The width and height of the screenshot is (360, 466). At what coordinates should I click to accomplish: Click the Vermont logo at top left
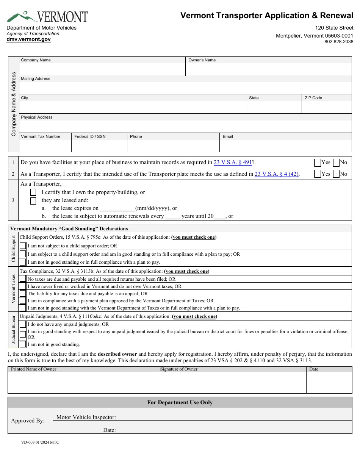point(47,17)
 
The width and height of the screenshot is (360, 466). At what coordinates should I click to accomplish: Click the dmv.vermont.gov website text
point(28,39)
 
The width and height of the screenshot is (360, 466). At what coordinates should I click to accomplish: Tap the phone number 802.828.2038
point(339,42)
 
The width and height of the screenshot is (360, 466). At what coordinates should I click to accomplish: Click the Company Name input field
point(102,69)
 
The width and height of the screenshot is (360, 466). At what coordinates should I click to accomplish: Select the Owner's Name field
point(268,69)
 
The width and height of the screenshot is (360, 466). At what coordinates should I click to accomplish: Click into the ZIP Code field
point(327,107)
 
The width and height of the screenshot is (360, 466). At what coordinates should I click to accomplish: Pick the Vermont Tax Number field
point(45,146)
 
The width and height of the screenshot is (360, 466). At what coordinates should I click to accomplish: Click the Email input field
point(286,146)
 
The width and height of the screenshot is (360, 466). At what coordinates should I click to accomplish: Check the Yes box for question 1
point(318,163)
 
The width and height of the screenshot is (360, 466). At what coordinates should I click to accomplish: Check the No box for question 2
point(336,174)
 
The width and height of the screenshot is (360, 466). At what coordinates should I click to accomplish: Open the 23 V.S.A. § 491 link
point(233,163)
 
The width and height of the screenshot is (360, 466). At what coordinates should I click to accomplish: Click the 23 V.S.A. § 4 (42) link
point(277,174)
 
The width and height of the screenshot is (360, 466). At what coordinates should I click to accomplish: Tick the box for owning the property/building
point(33,192)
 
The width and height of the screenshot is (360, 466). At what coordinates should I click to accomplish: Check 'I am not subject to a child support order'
point(23,246)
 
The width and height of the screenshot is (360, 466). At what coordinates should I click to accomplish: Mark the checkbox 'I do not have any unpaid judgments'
point(23,324)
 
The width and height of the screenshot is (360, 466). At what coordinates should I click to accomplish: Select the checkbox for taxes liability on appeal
point(23,294)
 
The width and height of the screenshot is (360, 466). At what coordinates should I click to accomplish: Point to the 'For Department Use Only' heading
point(180,402)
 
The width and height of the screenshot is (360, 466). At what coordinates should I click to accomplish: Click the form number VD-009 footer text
point(40,442)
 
